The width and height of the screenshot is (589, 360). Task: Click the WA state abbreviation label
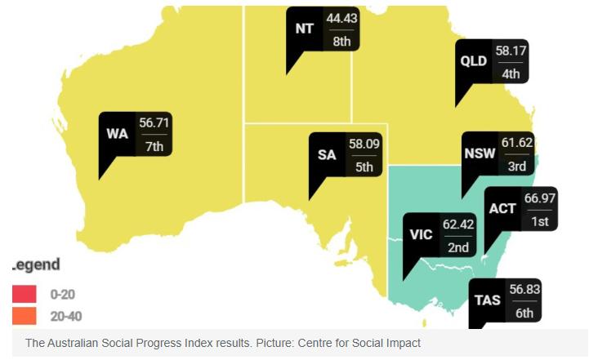click(x=118, y=133)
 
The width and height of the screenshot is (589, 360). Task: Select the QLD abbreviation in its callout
click(x=474, y=61)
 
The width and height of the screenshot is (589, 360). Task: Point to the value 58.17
click(x=511, y=51)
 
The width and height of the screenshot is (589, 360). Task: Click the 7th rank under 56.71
click(x=154, y=145)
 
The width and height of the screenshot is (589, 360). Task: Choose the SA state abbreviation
click(x=328, y=156)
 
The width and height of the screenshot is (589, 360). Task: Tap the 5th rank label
click(x=364, y=167)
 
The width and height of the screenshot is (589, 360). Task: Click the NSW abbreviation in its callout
click(x=479, y=154)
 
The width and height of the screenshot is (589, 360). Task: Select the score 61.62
click(x=516, y=143)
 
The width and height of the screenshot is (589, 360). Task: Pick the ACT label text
click(x=502, y=209)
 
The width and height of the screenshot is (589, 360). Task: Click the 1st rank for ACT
click(x=539, y=221)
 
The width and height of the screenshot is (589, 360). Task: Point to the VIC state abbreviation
click(x=422, y=235)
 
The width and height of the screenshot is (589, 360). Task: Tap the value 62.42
click(x=458, y=224)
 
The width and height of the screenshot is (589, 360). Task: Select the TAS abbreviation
click(x=488, y=300)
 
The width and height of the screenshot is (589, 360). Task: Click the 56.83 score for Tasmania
click(x=524, y=290)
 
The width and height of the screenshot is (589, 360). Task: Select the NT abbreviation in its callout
click(x=305, y=29)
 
